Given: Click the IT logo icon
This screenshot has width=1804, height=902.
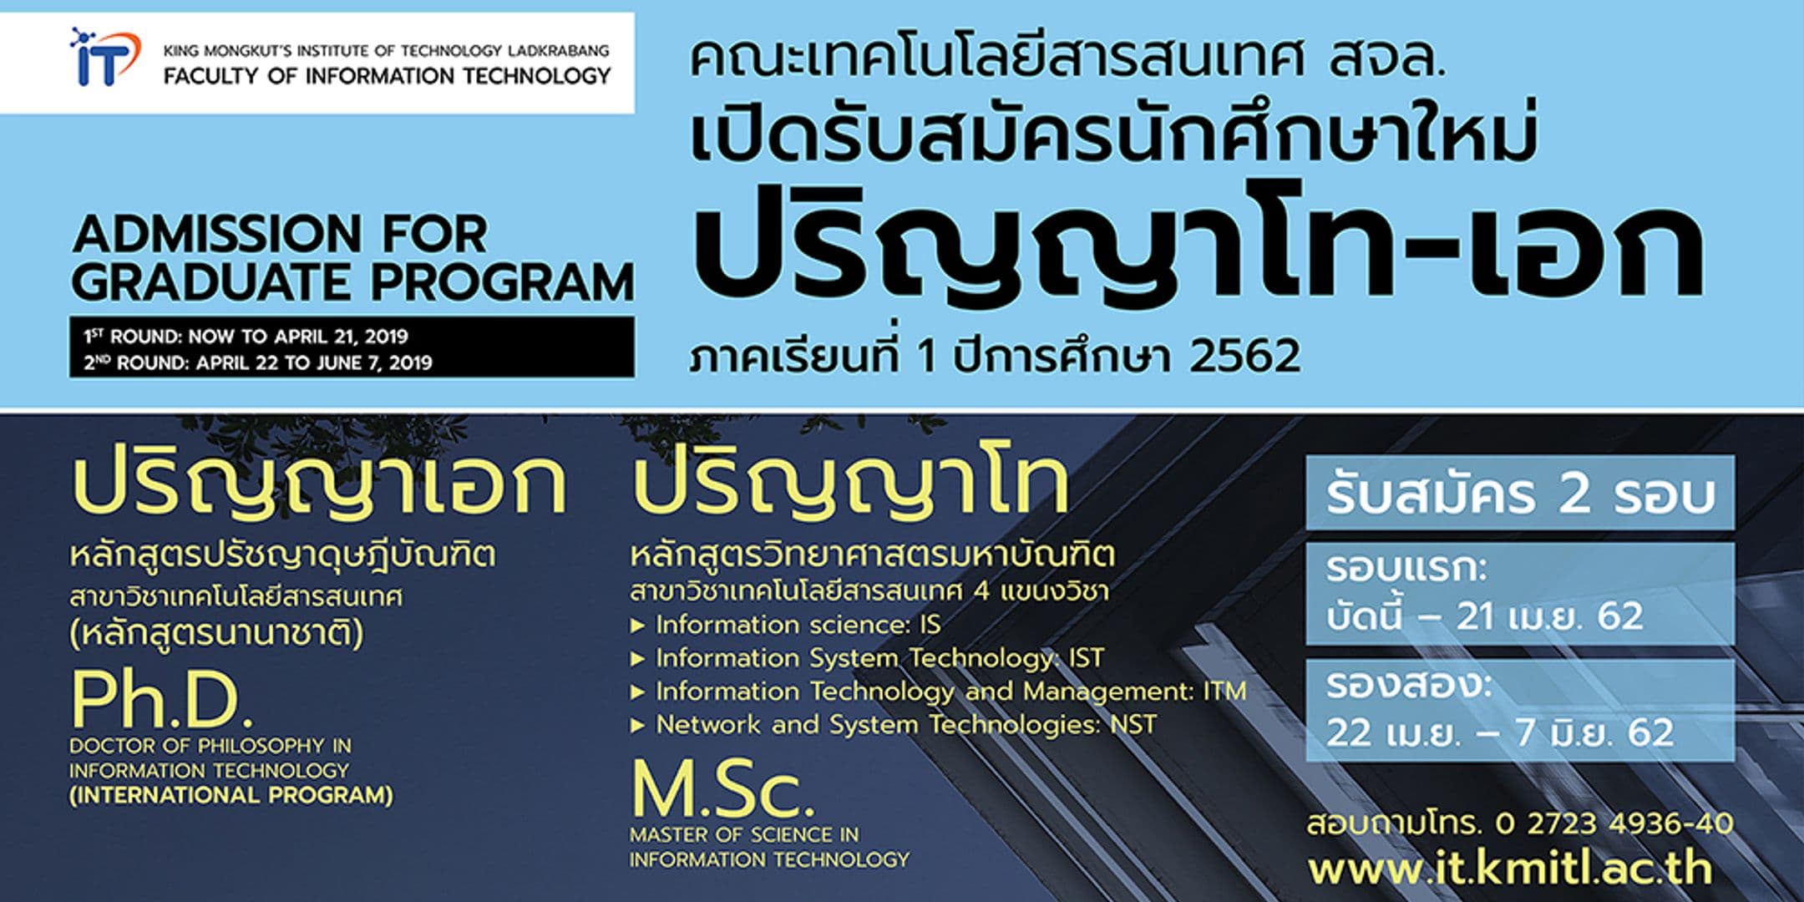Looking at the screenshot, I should tap(103, 58).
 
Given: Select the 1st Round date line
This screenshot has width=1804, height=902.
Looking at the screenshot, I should tap(246, 337).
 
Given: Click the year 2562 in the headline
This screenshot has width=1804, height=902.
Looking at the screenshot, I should tap(1244, 356).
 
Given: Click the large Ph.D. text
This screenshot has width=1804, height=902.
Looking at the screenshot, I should tap(161, 700).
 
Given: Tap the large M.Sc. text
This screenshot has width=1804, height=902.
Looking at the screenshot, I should tap(722, 789).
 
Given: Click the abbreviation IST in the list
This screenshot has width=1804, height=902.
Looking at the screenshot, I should tap(1086, 658).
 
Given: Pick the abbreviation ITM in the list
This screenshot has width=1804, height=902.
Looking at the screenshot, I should tap(1224, 692).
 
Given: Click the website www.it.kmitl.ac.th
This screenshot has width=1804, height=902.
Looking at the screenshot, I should tap(1510, 869).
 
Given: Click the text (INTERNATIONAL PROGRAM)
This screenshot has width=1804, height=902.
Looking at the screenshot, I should tap(231, 795).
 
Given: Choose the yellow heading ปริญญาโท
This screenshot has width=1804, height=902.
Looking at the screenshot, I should tap(850, 486).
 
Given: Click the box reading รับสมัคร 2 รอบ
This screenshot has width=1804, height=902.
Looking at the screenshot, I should tap(1520, 494).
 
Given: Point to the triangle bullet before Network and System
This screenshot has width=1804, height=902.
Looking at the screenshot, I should tap(638, 725).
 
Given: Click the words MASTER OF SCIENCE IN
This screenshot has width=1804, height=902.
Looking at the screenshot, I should tap(744, 834).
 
